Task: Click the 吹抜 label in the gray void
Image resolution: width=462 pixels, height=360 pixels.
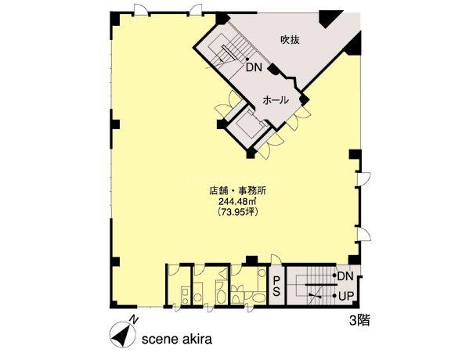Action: (290, 39)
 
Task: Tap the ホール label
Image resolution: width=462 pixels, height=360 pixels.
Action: (275, 100)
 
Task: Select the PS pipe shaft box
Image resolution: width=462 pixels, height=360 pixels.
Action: (276, 286)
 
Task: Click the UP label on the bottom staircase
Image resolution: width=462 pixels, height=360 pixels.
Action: (346, 296)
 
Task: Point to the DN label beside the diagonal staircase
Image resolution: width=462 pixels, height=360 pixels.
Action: (254, 68)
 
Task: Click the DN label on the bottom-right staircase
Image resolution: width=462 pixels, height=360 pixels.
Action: (345, 276)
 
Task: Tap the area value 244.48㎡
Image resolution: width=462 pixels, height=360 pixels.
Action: (237, 201)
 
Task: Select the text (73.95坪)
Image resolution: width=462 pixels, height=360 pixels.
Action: (237, 211)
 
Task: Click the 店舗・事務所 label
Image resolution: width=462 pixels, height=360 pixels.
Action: (237, 191)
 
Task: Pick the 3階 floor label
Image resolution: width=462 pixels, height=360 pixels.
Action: (359, 320)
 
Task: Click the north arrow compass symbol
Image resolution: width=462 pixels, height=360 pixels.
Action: (122, 335)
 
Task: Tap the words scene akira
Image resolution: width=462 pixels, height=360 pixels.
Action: (177, 339)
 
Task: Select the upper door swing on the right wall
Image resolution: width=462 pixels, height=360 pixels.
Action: (364, 178)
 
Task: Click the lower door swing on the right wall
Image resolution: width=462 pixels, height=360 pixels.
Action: (364, 234)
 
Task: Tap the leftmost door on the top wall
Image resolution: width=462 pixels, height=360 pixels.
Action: (141, 9)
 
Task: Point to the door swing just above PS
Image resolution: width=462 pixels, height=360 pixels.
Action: (276, 260)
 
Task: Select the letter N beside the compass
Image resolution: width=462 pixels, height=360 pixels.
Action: (134, 319)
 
